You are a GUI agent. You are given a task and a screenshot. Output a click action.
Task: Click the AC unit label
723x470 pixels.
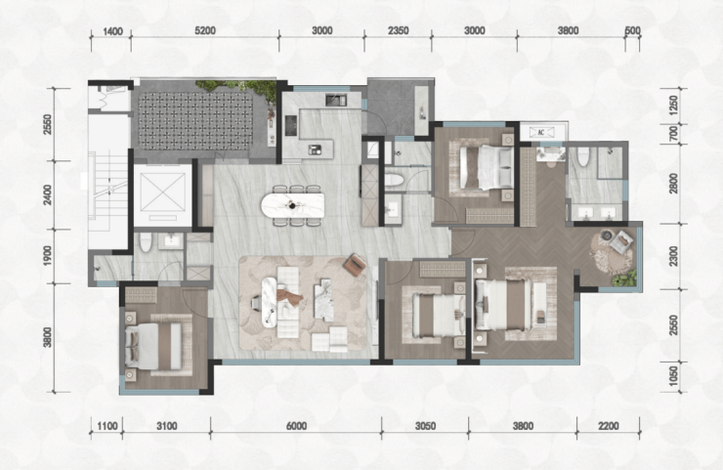(x=540, y=132)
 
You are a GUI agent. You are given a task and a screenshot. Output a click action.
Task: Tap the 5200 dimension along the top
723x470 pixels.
(x=205, y=31)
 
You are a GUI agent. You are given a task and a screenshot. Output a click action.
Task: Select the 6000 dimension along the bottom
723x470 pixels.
(x=296, y=426)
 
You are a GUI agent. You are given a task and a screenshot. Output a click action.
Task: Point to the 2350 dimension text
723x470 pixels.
(x=398, y=31)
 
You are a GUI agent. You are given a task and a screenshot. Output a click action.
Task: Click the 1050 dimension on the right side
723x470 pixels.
(x=674, y=378)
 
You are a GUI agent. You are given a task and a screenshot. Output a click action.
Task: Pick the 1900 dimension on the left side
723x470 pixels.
(x=48, y=256)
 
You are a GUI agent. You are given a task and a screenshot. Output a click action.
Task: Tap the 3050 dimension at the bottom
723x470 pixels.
(x=425, y=426)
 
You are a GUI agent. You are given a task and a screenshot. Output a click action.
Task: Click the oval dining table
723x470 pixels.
(x=292, y=205)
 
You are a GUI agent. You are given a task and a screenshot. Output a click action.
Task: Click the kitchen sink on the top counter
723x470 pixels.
(x=336, y=100)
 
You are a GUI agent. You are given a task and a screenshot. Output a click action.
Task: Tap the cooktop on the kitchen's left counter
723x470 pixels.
(x=290, y=125)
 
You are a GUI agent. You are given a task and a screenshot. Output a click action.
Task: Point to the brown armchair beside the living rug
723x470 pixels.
(x=355, y=265)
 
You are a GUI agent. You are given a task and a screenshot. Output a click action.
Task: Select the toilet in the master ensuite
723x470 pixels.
(x=584, y=156)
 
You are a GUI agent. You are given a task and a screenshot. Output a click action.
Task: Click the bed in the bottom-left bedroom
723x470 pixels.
(x=153, y=346)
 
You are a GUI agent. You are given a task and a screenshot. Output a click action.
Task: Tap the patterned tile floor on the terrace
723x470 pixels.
(x=195, y=121)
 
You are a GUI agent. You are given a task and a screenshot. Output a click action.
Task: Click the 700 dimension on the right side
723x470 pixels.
(x=674, y=134)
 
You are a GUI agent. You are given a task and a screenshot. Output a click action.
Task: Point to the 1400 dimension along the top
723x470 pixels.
(x=112, y=31)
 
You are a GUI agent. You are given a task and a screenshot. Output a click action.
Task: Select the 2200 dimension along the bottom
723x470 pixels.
(x=608, y=426)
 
